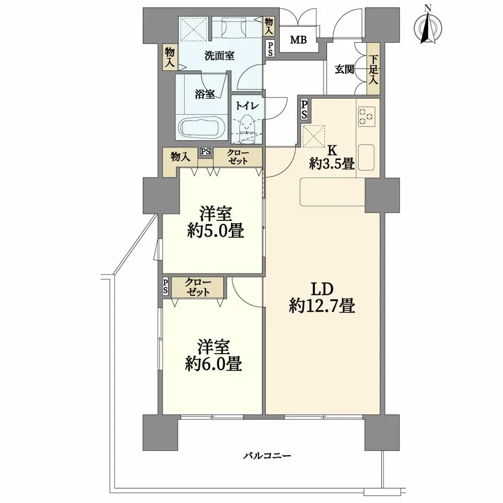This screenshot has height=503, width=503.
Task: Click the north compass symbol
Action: [x=427, y=27]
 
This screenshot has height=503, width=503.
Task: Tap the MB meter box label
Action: [x=298, y=40]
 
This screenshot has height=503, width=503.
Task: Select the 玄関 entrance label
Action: [x=344, y=70]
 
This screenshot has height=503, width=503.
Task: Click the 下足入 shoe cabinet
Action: [x=373, y=69]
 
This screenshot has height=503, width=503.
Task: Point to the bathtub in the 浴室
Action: [x=201, y=127]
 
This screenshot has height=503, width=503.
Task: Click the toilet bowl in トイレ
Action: [x=247, y=127]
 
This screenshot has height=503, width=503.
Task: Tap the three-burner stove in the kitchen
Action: [x=367, y=116]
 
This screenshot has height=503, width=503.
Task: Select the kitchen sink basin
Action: [x=366, y=157]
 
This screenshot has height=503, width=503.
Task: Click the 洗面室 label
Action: [x=219, y=56]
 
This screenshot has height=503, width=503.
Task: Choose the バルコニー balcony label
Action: [x=267, y=456]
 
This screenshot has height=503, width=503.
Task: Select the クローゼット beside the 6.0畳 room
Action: [x=197, y=287]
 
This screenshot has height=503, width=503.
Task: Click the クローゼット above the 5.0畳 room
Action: [x=238, y=157]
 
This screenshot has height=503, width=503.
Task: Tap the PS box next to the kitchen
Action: [x=304, y=110]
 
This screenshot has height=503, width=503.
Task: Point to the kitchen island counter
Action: [x=333, y=192]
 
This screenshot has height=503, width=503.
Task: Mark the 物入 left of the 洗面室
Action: [x=170, y=57]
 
